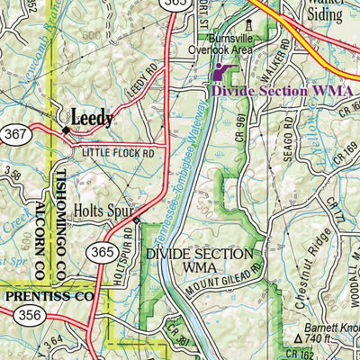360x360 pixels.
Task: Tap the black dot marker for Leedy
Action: tap(66, 130)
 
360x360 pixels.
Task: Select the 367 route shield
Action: tap(14, 132)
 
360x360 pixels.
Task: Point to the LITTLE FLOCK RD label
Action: tap(113, 154)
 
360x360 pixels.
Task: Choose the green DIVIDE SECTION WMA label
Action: tap(199, 261)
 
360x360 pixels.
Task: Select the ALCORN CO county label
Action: tap(40, 233)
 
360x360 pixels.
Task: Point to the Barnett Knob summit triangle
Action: tap(299, 341)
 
